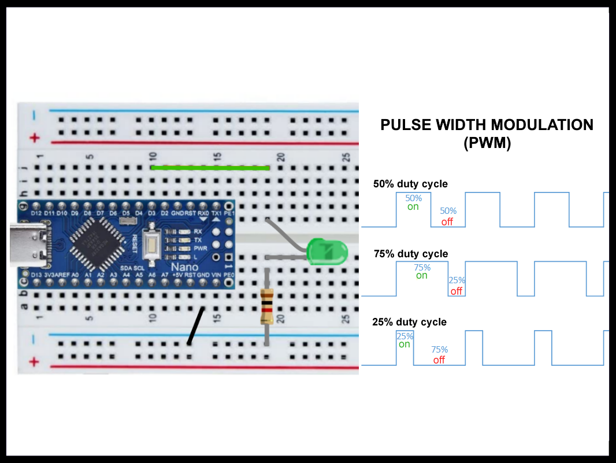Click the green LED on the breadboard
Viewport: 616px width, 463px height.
(327, 251)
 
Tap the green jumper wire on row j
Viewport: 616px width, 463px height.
(210, 168)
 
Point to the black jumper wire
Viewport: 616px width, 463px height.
(196, 326)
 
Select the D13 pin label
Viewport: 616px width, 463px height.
(36, 275)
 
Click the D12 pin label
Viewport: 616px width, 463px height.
(36, 214)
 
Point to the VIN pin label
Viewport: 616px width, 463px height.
(216, 275)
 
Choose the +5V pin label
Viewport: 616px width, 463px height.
(177, 275)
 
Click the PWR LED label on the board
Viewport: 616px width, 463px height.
(198, 249)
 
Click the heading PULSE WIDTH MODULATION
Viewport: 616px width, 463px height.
(487, 125)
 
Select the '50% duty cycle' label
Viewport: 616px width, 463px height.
(410, 184)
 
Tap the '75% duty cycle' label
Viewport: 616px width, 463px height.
(411, 254)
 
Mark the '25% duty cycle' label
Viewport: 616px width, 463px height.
(409, 322)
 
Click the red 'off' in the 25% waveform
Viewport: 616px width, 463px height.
(439, 360)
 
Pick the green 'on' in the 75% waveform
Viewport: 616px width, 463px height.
(422, 276)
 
